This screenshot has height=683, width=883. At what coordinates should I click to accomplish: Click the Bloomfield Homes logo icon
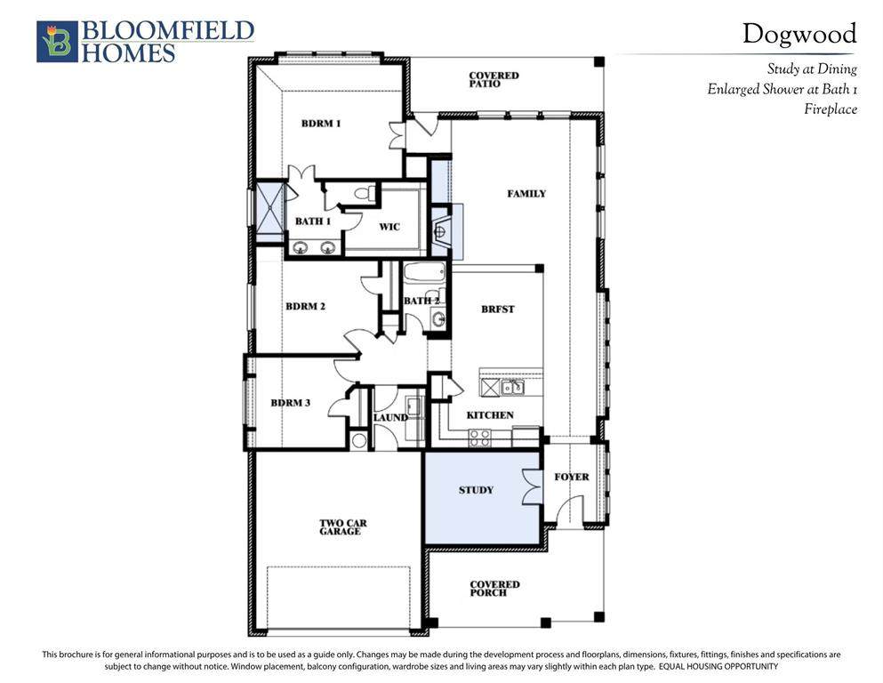tap(57, 42)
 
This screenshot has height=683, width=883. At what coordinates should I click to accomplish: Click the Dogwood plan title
tap(799, 35)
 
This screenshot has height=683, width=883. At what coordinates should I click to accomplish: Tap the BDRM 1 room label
tap(321, 124)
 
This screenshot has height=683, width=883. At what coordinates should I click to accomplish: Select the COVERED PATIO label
tap(494, 79)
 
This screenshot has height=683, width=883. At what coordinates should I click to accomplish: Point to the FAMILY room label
tap(526, 194)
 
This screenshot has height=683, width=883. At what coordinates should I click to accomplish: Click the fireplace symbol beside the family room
tap(442, 231)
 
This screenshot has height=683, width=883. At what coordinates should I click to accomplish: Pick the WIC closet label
tap(389, 227)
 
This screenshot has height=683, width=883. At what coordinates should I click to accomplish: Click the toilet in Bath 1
tap(365, 193)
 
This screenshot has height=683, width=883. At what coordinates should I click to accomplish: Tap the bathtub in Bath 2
tap(424, 274)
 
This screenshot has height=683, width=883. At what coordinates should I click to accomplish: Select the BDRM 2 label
tap(305, 306)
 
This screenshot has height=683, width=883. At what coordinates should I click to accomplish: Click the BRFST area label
tap(498, 309)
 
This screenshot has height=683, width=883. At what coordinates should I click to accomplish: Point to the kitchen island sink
tap(512, 388)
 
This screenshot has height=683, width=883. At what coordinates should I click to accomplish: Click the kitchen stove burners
tap(480, 438)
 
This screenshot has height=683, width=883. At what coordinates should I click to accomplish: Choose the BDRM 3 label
tap(291, 403)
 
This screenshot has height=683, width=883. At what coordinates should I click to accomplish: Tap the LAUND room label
tap(390, 417)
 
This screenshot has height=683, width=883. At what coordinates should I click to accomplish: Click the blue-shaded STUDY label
tap(476, 490)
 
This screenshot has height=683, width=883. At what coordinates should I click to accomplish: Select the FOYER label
tap(572, 477)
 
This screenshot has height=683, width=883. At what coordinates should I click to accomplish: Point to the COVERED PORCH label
tap(494, 589)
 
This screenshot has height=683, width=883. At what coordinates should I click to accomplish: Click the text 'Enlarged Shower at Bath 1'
tap(783, 90)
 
